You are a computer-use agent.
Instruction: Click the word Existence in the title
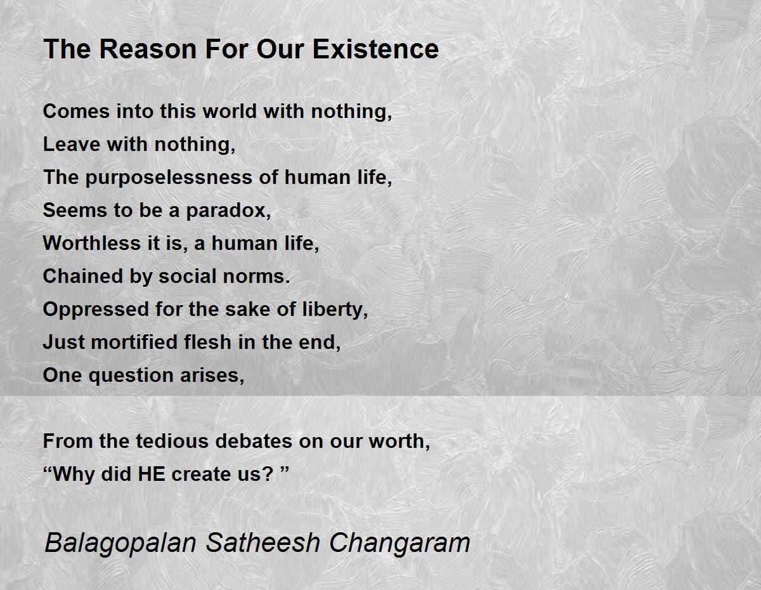375,49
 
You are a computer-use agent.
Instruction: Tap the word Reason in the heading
148,49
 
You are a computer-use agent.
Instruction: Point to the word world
230,111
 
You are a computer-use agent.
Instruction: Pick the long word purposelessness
169,178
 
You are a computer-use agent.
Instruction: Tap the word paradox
228,211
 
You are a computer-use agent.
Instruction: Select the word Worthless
91,243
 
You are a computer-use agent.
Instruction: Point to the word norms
256,277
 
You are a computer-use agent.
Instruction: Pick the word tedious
172,441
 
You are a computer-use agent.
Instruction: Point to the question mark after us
267,474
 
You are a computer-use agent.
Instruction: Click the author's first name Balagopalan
120,544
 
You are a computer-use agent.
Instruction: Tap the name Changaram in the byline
400,544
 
